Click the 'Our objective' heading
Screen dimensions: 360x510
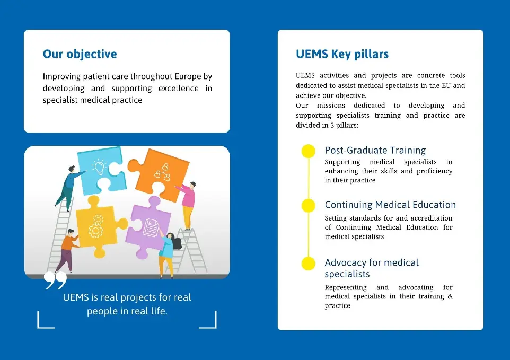80,54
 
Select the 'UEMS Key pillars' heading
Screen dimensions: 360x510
342,54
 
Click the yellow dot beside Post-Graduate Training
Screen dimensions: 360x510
308,151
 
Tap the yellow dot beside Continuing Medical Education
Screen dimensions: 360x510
308,206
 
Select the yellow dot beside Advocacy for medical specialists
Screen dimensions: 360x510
308,263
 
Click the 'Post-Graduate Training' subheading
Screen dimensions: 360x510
375,151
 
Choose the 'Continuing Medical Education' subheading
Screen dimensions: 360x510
390,205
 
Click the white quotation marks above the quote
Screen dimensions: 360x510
56,281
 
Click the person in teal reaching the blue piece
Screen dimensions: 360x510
68,186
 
